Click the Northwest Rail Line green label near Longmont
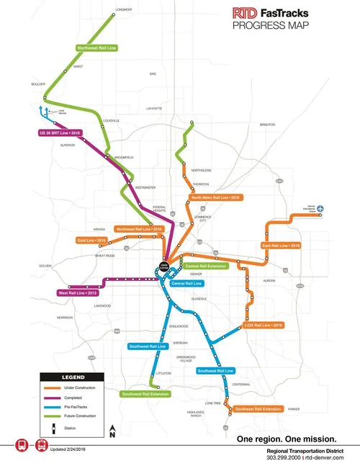click(x=97, y=48)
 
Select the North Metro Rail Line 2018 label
click(x=214, y=197)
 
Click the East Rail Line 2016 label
click(x=280, y=245)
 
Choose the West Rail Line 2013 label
click(x=77, y=293)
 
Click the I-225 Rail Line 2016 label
click(x=264, y=325)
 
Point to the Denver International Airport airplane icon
click(x=322, y=210)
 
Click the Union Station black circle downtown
click(x=165, y=269)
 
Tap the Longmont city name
click(x=124, y=10)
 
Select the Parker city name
click(x=293, y=409)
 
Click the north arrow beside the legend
click(x=112, y=431)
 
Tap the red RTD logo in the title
click(x=243, y=12)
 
